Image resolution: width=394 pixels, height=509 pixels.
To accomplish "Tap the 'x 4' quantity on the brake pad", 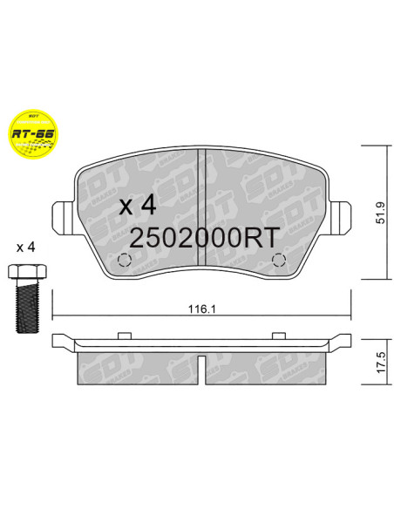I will (x=137, y=206).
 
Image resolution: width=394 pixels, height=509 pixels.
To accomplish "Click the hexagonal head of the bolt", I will (x=24, y=272).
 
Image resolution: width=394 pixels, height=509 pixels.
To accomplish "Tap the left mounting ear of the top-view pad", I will (x=62, y=214).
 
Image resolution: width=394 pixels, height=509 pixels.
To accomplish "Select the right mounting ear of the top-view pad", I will (x=341, y=214).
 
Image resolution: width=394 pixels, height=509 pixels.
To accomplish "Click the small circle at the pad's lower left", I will (x=125, y=260).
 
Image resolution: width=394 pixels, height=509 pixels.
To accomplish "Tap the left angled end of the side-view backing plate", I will (x=61, y=341).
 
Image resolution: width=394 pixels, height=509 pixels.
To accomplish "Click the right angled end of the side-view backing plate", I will (x=343, y=341).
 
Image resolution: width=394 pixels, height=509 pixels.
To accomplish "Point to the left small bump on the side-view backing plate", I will (x=125, y=334).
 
